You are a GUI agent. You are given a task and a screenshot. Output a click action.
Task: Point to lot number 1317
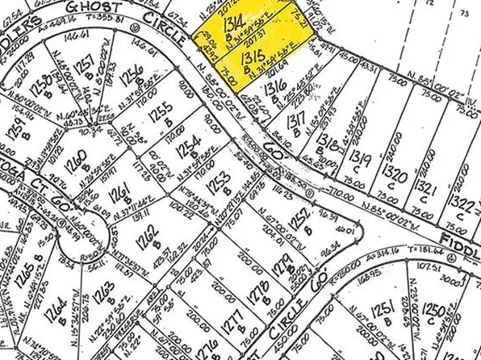[x=297, y=123]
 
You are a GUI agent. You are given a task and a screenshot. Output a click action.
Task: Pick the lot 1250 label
[x=433, y=310]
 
